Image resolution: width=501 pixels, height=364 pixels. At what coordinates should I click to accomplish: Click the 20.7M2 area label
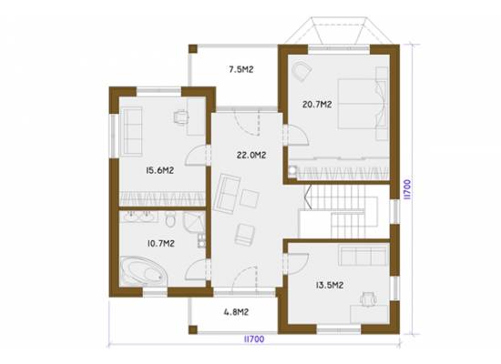(x=317, y=105)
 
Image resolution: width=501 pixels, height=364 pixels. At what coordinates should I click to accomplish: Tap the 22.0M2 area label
(x=251, y=156)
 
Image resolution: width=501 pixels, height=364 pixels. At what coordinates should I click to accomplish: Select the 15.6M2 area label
(x=159, y=170)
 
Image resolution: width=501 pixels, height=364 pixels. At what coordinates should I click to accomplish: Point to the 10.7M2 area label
(x=160, y=244)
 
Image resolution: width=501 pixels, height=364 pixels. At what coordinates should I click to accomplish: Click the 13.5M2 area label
(x=330, y=285)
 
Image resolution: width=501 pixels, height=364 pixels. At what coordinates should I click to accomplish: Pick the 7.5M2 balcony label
(x=241, y=69)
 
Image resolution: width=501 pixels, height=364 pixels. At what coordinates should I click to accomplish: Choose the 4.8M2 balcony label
(x=236, y=311)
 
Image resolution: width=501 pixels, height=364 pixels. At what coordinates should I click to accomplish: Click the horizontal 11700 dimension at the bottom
(x=254, y=339)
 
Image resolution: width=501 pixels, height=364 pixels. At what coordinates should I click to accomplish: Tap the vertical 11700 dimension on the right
(x=407, y=189)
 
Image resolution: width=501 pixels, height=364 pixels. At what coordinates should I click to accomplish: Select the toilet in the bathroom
(x=170, y=219)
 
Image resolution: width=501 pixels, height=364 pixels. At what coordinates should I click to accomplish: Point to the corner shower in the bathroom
(x=194, y=222)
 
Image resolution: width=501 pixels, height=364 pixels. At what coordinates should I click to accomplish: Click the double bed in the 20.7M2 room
(x=362, y=104)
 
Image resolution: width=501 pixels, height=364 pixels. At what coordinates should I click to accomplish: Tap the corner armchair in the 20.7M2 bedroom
(x=302, y=71)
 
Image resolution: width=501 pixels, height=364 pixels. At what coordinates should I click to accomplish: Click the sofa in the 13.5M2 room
(x=363, y=256)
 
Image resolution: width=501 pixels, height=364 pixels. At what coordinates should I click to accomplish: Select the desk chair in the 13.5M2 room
(x=368, y=299)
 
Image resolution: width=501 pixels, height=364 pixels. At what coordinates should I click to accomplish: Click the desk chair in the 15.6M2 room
(x=181, y=116)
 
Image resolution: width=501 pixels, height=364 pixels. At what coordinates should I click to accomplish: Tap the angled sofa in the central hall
(x=227, y=194)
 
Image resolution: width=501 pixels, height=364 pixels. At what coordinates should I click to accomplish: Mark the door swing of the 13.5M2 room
(x=298, y=263)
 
